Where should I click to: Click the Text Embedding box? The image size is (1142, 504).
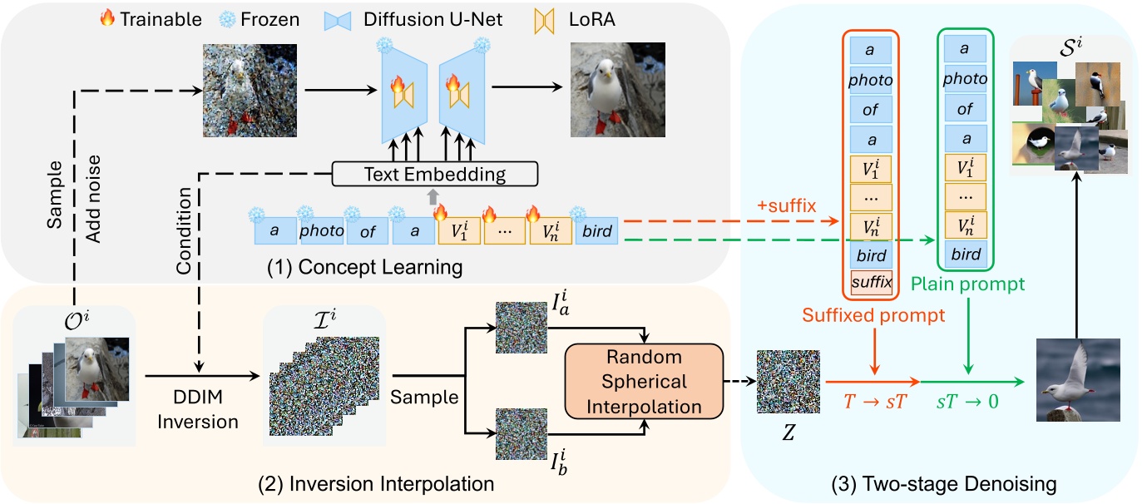point(435,174)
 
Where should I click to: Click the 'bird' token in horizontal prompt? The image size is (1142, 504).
point(596,231)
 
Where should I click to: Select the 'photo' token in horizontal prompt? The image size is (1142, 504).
point(322,231)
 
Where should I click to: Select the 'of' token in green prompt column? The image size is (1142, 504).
point(966,109)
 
